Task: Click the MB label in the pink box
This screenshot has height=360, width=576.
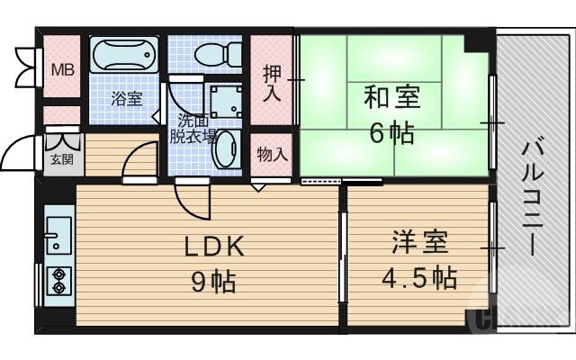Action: [x=61, y=70]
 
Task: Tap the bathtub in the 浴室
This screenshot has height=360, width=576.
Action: [x=125, y=58]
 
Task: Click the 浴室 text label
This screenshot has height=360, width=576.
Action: [x=126, y=99]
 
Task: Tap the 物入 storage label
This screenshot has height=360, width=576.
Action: [x=272, y=155]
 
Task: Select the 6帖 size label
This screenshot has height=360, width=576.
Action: [x=392, y=133]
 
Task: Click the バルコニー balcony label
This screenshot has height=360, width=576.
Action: [x=530, y=194]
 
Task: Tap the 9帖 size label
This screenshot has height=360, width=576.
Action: [x=214, y=282]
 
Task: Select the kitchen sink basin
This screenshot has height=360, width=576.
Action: [x=56, y=233]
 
